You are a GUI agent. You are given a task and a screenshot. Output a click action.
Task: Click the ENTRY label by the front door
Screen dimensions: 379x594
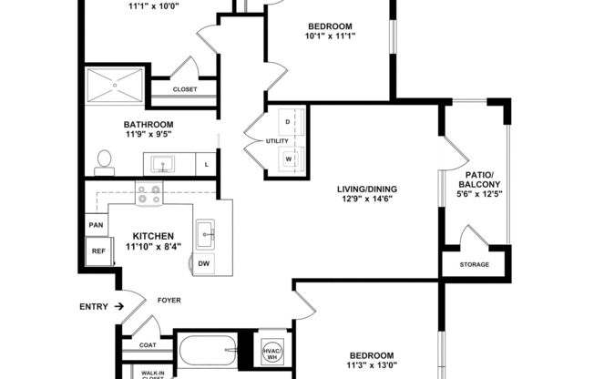coord(95,307)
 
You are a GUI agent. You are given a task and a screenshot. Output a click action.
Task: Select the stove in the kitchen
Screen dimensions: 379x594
coord(148,193)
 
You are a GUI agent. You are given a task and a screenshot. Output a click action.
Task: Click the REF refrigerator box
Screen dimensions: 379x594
coord(97,251)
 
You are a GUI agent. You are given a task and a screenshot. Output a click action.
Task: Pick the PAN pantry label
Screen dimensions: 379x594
coord(95,224)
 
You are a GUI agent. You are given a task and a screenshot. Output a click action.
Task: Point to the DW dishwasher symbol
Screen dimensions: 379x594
coord(206,263)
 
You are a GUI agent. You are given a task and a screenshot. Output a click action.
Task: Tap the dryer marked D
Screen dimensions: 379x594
coord(289,122)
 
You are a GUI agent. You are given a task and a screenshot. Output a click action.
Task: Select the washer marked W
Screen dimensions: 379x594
coord(289,157)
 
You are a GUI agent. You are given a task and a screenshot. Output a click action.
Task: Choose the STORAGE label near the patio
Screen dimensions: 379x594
coord(474,265)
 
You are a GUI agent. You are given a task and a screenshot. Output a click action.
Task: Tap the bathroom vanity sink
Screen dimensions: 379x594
coord(166,164)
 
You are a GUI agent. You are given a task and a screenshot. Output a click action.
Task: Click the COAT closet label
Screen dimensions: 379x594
coord(148,344)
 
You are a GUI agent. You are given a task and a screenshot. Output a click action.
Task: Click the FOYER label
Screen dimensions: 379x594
coord(169,298)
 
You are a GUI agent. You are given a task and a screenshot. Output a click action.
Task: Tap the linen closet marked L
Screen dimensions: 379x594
coord(207,164)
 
